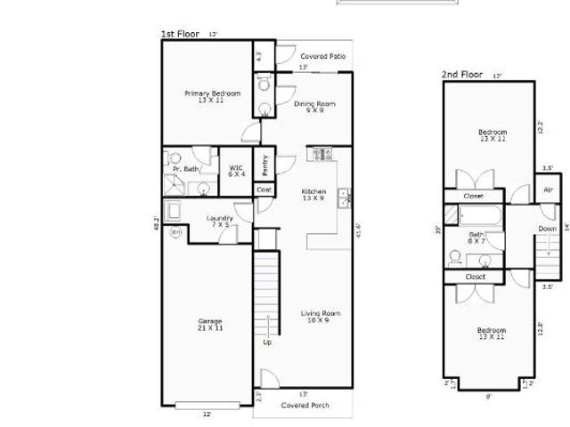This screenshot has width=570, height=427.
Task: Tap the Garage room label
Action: pyautogui.click(x=210, y=325)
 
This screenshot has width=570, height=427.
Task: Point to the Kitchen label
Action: pyautogui.click(x=313, y=195)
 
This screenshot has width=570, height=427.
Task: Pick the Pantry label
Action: pyautogui.click(x=265, y=165)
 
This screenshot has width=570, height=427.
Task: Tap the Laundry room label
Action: pyautogui.click(x=219, y=222)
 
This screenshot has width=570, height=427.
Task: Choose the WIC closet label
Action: pyautogui.click(x=236, y=170)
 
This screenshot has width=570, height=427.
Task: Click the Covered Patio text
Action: pyautogui.click(x=322, y=56)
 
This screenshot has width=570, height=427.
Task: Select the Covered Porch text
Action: pyautogui.click(x=305, y=405)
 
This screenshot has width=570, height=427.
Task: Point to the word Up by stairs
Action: pyautogui.click(x=266, y=342)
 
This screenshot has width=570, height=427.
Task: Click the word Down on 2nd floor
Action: pyautogui.click(x=547, y=229)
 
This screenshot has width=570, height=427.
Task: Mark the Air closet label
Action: pyautogui.click(x=548, y=189)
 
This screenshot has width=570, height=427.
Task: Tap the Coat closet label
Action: pyautogui.click(x=264, y=189)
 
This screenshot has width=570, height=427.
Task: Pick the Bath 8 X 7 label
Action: pyautogui.click(x=476, y=238)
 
